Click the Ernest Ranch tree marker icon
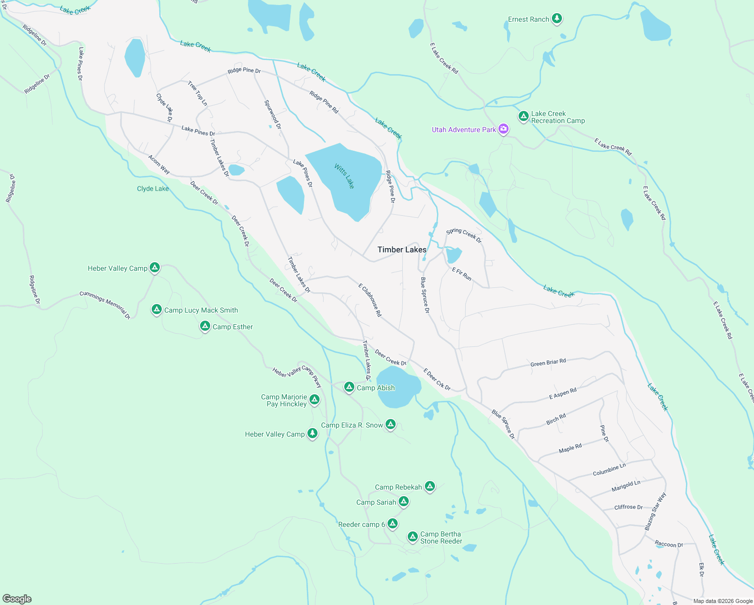(556, 19)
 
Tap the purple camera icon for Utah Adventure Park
(503, 129)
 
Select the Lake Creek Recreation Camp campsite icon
(524, 116)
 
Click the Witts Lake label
(345, 176)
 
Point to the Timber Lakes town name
(402, 250)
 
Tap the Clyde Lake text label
(153, 189)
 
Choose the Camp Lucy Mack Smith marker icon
(157, 310)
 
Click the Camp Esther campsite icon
(205, 326)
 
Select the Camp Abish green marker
(349, 387)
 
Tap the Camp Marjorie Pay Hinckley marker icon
(315, 400)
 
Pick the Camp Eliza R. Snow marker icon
(391, 425)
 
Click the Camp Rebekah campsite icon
(430, 487)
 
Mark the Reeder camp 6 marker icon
(393, 524)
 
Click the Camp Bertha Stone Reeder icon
(413, 536)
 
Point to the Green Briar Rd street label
(548, 362)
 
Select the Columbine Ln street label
(609, 469)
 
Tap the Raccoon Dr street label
(669, 544)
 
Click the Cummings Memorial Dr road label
(105, 305)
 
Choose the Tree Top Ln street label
(198, 93)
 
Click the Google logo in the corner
(17, 598)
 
